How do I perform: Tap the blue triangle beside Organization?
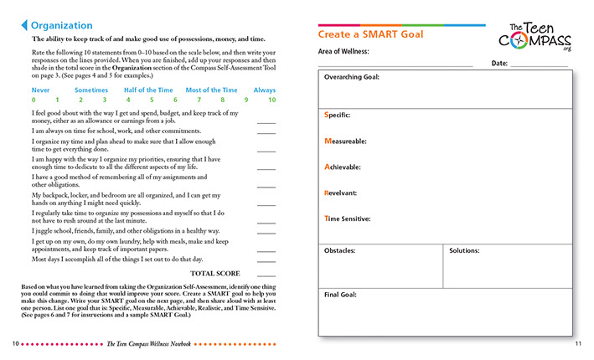[23, 25]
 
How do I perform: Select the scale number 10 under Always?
[272, 100]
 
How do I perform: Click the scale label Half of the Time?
[146, 90]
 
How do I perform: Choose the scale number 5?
[152, 100]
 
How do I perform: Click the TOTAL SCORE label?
[215, 274]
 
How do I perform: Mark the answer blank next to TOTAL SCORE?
[266, 275]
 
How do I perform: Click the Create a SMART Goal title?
[370, 34]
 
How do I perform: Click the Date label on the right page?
[499, 63]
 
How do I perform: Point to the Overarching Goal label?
[352, 77]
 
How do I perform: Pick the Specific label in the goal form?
[337, 114]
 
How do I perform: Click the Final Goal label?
[341, 295]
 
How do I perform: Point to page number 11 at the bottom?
[578, 344]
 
